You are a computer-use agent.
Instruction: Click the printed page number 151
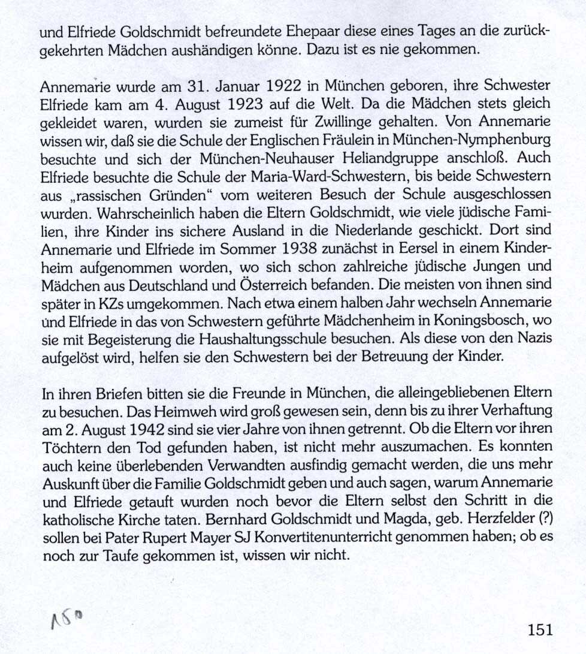[x=540, y=629]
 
